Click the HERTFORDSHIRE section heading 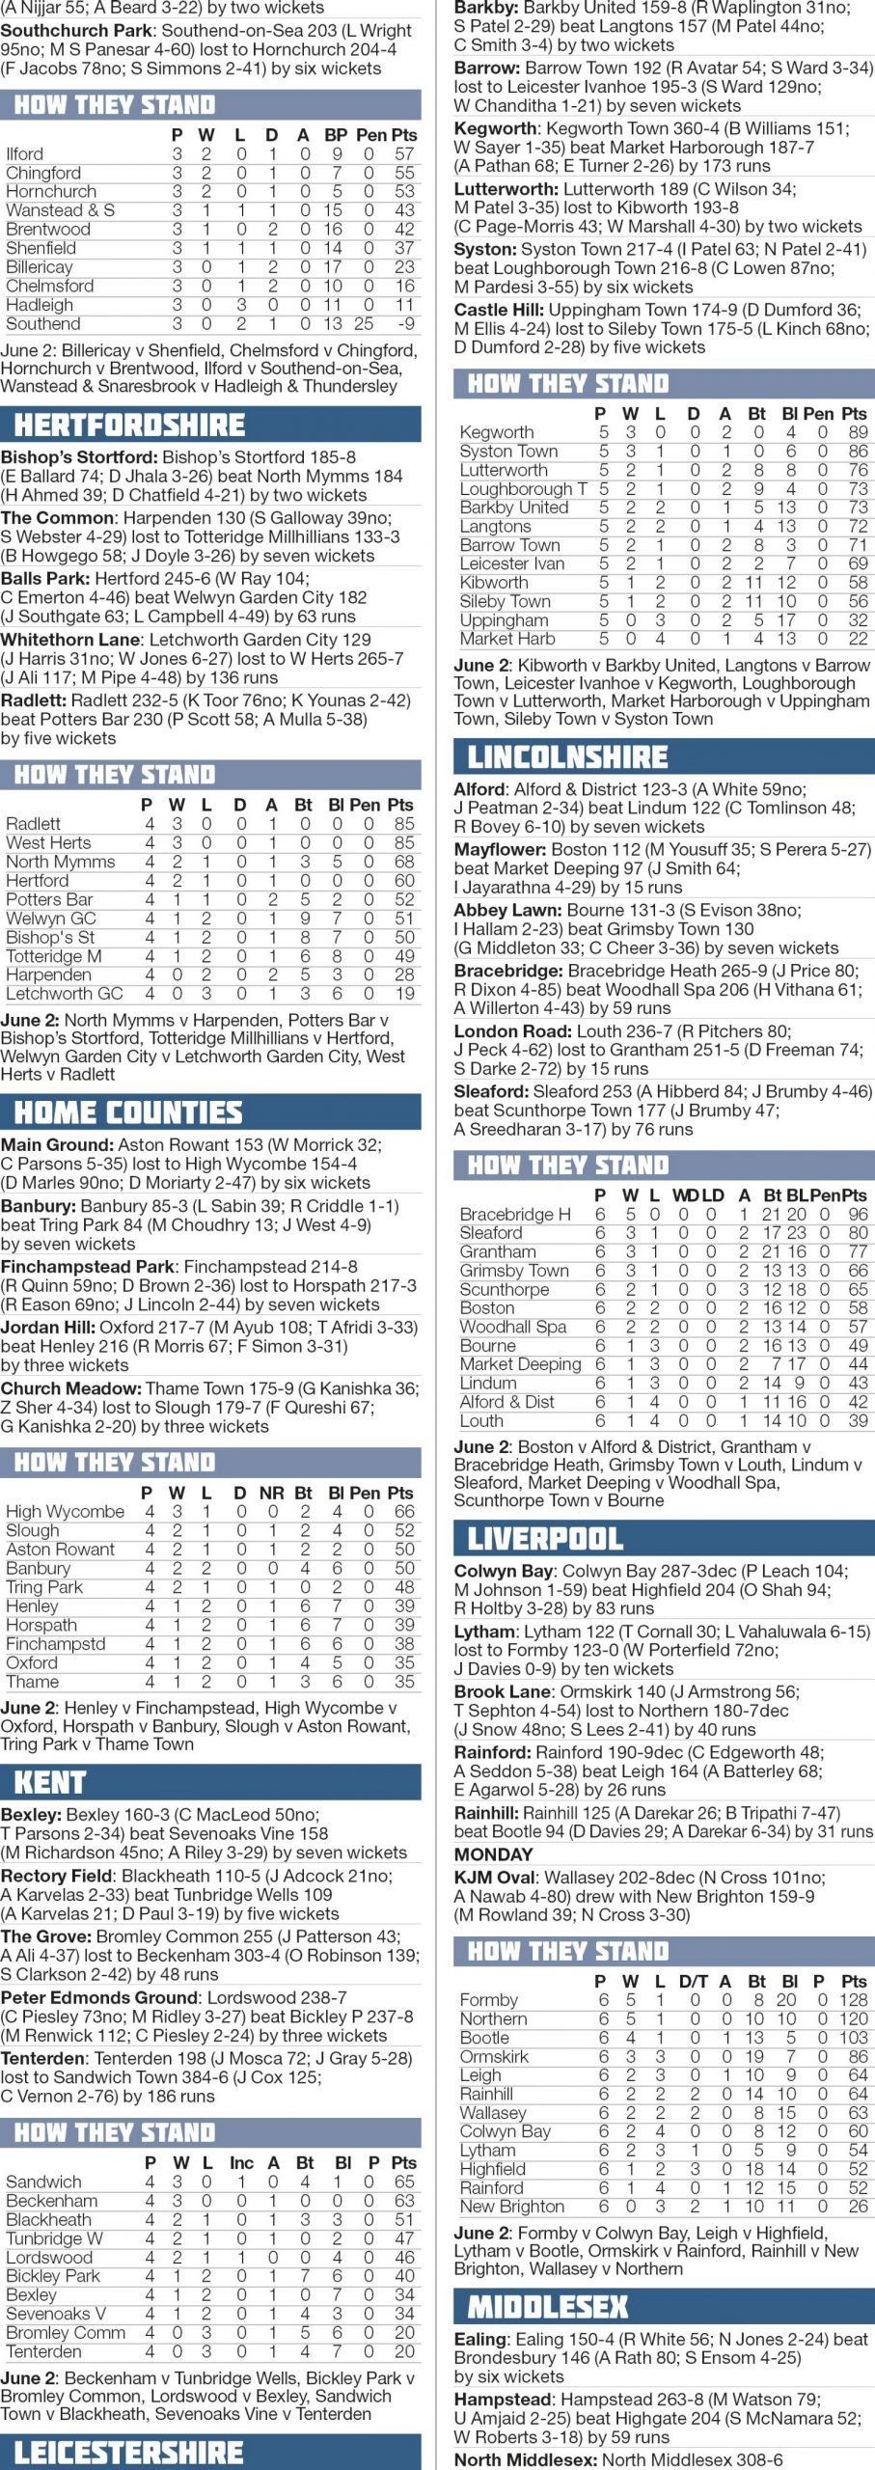pyautogui.click(x=129, y=425)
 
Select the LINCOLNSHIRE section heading pyautogui.click(x=567, y=757)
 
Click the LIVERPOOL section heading pyautogui.click(x=545, y=1539)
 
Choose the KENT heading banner pyautogui.click(x=50, y=1782)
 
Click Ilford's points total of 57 pyautogui.click(x=404, y=154)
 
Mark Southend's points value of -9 pyautogui.click(x=406, y=324)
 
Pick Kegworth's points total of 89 pyautogui.click(x=858, y=433)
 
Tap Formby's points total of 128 pyautogui.click(x=854, y=2001)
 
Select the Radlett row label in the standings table pyautogui.click(x=33, y=824)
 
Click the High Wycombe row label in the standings pyautogui.click(x=65, y=1512)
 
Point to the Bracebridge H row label pyautogui.click(x=515, y=1215)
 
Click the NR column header pyautogui.click(x=271, y=1493)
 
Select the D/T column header pyautogui.click(x=693, y=1982)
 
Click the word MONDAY pyautogui.click(x=493, y=1854)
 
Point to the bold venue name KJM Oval pyautogui.click(x=494, y=1878)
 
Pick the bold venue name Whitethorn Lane pyautogui.click(x=65, y=640)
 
